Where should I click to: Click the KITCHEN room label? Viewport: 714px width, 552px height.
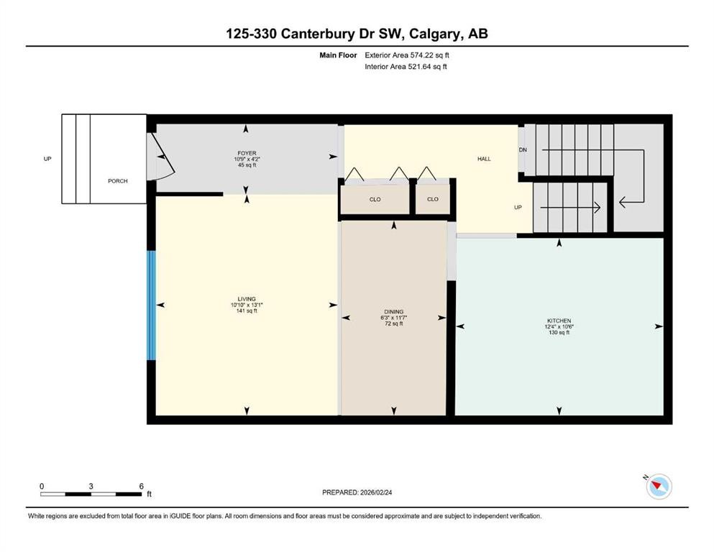(x=558, y=321)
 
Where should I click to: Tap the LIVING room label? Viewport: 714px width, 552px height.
(x=247, y=299)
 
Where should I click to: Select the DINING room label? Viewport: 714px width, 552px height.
(x=393, y=312)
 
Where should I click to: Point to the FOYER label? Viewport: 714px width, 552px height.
(x=247, y=153)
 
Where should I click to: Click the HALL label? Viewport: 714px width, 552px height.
(x=484, y=159)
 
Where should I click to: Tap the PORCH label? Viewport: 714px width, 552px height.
(x=118, y=181)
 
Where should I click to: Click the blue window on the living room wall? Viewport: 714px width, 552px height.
(x=151, y=305)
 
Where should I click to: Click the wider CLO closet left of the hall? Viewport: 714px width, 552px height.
(x=375, y=199)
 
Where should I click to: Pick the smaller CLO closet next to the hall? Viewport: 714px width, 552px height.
(x=432, y=199)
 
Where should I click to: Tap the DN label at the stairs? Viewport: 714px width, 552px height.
(x=523, y=149)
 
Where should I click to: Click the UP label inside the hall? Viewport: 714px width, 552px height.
(x=517, y=208)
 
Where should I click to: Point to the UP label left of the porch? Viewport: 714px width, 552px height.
(x=47, y=159)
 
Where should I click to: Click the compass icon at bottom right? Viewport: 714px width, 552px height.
(x=659, y=487)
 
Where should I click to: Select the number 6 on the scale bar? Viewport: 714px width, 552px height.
(x=141, y=486)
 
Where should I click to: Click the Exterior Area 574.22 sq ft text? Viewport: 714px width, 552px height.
(x=408, y=55)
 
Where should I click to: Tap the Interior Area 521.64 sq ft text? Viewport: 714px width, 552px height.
(x=406, y=67)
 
